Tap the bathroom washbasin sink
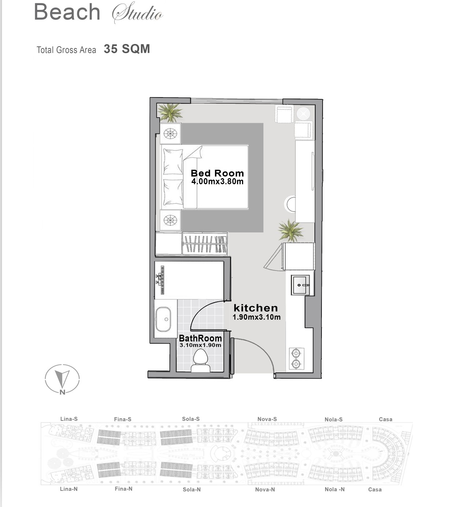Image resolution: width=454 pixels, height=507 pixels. [163, 319]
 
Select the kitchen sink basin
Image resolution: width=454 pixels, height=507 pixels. [300, 285]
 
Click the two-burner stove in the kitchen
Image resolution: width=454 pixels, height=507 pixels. [297, 359]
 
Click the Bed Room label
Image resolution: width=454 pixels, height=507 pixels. [217, 173]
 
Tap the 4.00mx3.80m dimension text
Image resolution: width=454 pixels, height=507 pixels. [217, 181]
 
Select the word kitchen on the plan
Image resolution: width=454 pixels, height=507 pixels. [256, 308]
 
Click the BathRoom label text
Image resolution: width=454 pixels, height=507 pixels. [201, 338]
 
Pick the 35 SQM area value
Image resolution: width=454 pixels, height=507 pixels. [127, 49]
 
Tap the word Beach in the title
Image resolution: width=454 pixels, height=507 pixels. [67, 12]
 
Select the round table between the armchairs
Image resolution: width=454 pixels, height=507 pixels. [303, 114]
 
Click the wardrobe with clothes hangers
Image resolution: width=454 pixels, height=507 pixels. [205, 244]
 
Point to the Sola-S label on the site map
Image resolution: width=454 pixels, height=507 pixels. [191, 419]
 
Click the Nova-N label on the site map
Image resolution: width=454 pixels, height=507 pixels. [265, 490]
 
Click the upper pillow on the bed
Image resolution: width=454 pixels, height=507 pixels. [173, 162]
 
